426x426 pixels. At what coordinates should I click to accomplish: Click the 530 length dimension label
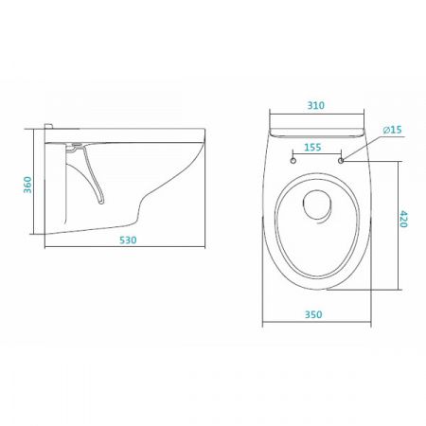(128, 240)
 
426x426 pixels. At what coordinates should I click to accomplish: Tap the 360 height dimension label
(27, 185)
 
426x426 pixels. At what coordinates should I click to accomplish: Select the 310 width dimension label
(316, 105)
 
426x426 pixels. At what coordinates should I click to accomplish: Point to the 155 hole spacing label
(312, 147)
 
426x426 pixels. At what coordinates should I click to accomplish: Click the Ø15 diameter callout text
(392, 130)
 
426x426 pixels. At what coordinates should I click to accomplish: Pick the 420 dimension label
(403, 219)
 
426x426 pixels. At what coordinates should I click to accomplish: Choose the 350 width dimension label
(313, 314)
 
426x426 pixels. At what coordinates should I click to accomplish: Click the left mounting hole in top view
(293, 161)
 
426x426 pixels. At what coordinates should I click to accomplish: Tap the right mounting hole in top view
(341, 161)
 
